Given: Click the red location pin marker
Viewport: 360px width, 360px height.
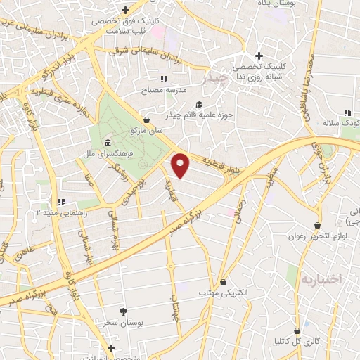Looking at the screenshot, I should pyautogui.click(x=181, y=165).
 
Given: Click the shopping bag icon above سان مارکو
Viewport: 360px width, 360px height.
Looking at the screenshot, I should pyautogui.click(x=146, y=120).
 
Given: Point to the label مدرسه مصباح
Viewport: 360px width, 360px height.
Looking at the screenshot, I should pyautogui.click(x=164, y=91).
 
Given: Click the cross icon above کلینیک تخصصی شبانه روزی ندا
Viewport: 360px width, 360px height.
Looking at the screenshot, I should pyautogui.click(x=259, y=56).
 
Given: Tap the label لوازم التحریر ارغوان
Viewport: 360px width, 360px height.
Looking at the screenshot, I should pyautogui.click(x=317, y=236).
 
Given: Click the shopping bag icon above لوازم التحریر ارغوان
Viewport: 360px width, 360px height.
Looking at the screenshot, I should pyautogui.click(x=317, y=225).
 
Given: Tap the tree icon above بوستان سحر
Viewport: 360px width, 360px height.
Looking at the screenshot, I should pyautogui.click(x=124, y=311).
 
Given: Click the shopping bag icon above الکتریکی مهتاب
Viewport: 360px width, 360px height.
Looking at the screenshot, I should pyautogui.click(x=224, y=280).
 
